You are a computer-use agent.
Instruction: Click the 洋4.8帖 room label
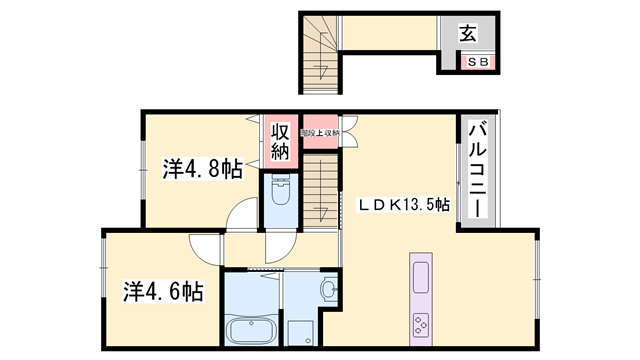click(202, 169)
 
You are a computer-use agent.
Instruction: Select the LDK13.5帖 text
click(404, 204)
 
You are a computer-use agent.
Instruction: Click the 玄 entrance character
click(467, 34)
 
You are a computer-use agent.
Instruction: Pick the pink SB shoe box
click(476, 62)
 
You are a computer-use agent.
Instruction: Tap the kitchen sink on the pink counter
click(420, 275)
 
